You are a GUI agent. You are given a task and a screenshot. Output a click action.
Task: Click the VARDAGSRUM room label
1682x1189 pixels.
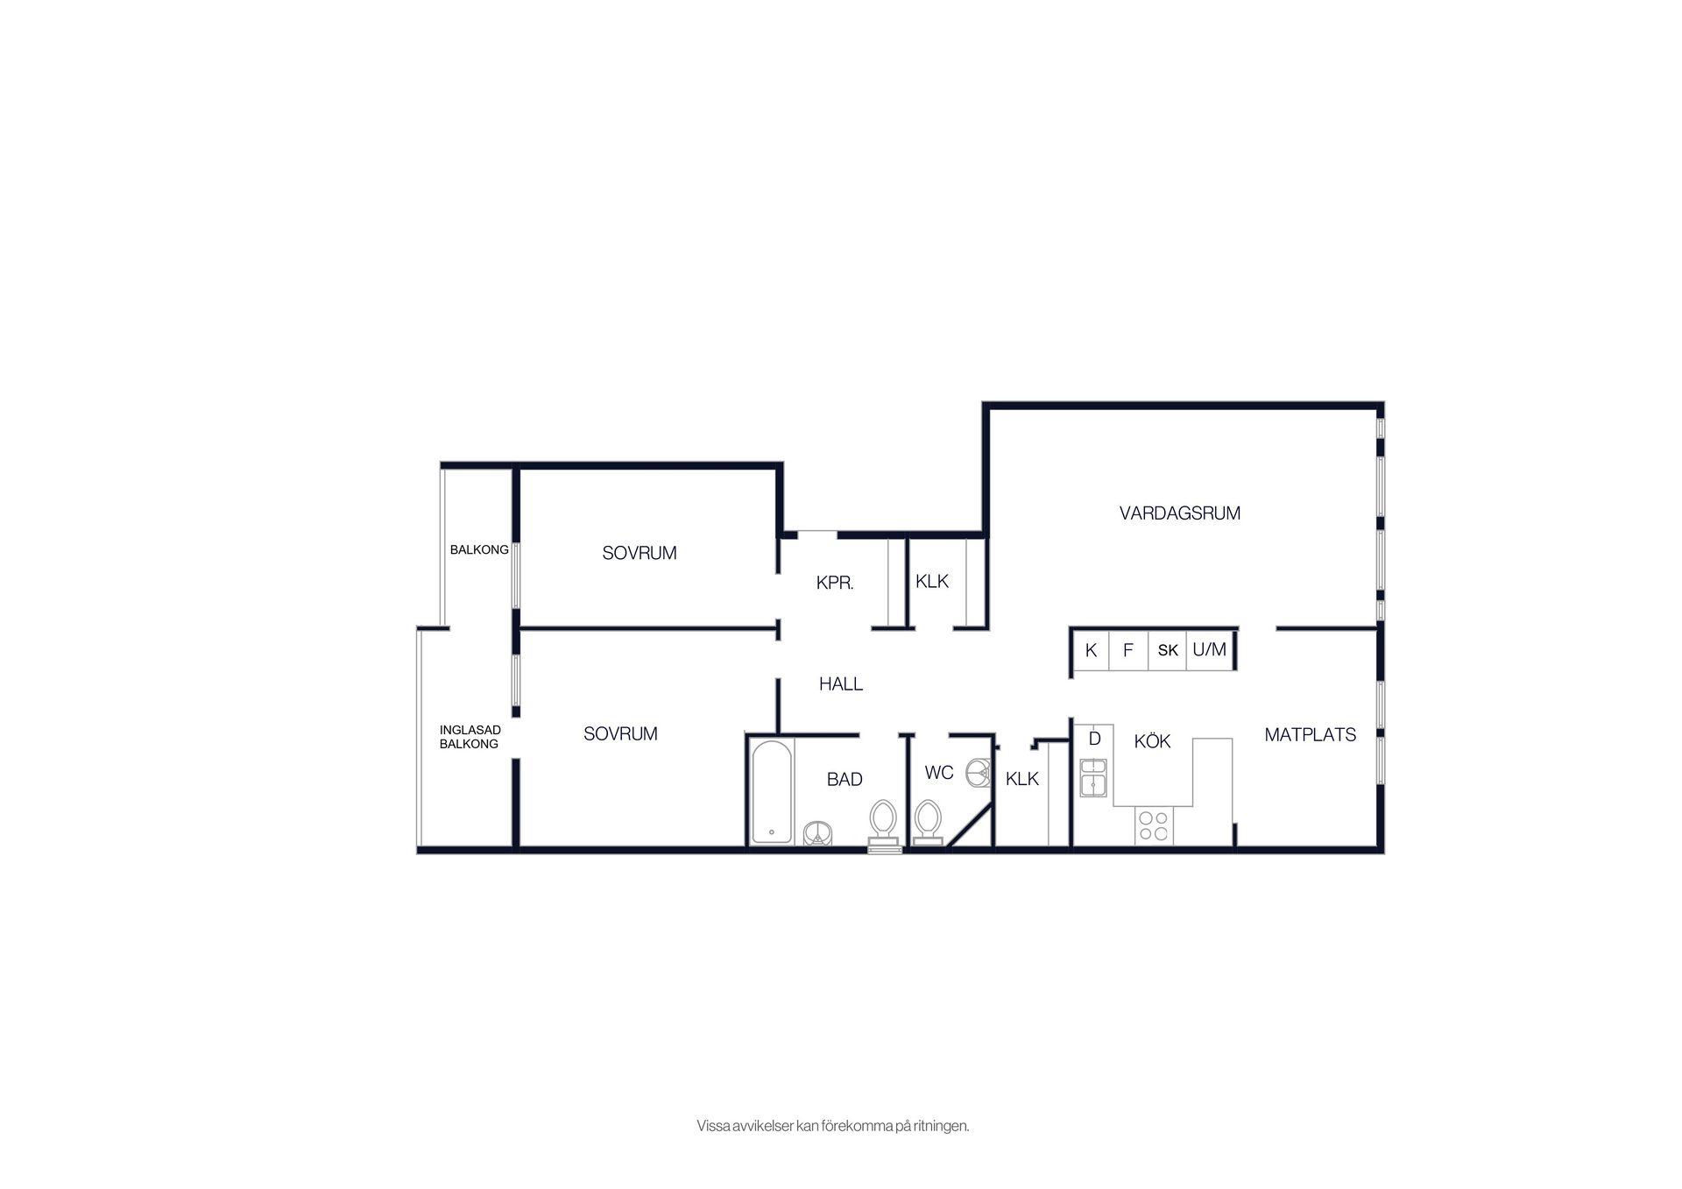[1179, 513]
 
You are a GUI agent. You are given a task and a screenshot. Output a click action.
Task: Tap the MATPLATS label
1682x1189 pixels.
[1310, 735]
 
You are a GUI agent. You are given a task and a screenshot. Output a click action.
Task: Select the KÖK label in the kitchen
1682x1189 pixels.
[1152, 741]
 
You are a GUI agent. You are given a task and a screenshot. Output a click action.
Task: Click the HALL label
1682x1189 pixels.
[841, 684]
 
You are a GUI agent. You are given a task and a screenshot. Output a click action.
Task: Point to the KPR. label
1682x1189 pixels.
[835, 583]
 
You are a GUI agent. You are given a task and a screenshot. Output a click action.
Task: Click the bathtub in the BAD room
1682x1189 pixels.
[772, 792]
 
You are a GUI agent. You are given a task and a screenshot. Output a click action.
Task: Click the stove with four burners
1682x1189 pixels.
[1153, 825]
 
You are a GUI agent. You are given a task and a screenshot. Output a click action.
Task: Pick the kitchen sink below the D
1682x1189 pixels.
[1092, 778]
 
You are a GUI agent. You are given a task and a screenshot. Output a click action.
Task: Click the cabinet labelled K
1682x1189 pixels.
[1091, 651]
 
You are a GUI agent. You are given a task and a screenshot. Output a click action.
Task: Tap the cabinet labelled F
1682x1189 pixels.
[1128, 651]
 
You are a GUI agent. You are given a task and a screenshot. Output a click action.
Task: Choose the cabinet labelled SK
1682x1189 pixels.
[1168, 651]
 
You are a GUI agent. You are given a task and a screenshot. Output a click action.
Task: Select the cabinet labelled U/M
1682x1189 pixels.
[1210, 651]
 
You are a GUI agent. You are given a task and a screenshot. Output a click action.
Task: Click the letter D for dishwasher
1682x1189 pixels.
[1094, 739]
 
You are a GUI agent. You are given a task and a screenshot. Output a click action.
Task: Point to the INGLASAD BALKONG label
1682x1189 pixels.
[470, 737]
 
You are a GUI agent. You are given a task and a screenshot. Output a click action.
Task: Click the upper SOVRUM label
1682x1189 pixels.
[640, 554]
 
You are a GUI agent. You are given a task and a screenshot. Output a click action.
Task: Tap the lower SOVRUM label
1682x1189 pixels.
[620, 734]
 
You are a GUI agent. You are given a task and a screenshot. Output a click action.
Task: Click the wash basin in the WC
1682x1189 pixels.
[978, 773]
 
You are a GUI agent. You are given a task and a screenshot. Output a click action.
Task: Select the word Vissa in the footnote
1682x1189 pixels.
[712, 1126]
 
